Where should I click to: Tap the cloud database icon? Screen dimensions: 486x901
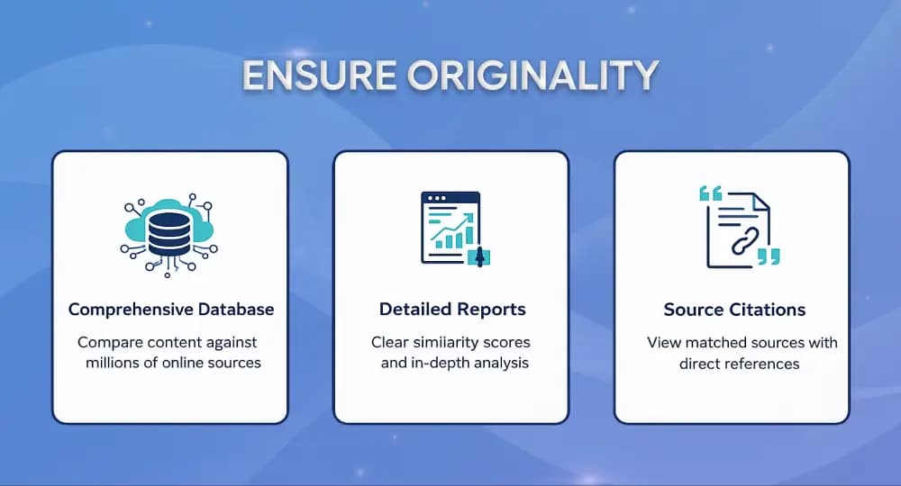(x=169, y=230)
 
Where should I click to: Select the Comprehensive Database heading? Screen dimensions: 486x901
(x=171, y=310)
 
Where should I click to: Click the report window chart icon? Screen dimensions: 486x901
(x=451, y=229)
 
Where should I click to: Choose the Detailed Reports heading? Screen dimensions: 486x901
(x=451, y=310)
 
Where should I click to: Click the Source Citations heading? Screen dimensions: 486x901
(x=734, y=310)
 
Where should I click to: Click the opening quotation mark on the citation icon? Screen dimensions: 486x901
(x=711, y=193)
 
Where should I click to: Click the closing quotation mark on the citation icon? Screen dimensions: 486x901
(x=768, y=257)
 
